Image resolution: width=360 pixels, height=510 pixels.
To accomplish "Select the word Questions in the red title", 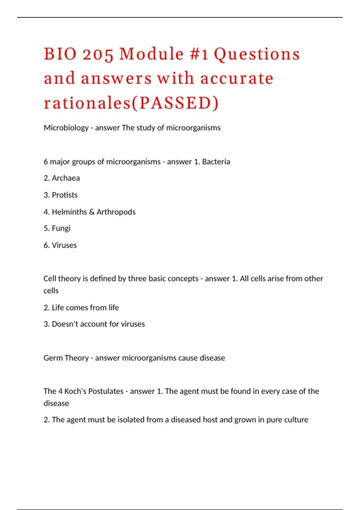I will coord(257,55).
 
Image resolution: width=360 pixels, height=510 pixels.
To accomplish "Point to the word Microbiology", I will coord(66,128).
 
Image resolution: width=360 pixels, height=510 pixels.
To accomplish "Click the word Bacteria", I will coord(216,162).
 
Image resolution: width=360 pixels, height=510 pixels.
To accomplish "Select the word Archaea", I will coord(66,178).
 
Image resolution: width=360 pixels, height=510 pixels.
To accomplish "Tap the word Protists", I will coord(64,195).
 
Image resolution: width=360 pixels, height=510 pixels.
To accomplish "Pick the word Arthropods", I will coord(116,212).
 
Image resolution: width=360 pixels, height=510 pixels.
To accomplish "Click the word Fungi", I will coord(61,229).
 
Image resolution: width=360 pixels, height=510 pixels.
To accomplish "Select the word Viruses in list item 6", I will coord(64,245).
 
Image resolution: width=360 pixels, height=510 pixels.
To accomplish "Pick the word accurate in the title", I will coord(237,79).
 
